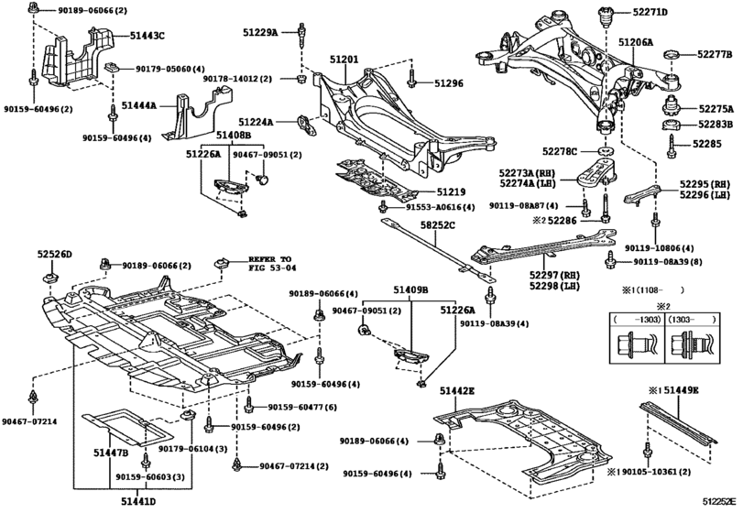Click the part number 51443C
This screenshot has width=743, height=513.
[146, 36]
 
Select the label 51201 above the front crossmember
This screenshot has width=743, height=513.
[344, 60]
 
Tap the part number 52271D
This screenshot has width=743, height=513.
[649, 13]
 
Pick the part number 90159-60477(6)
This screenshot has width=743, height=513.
[302, 407]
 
